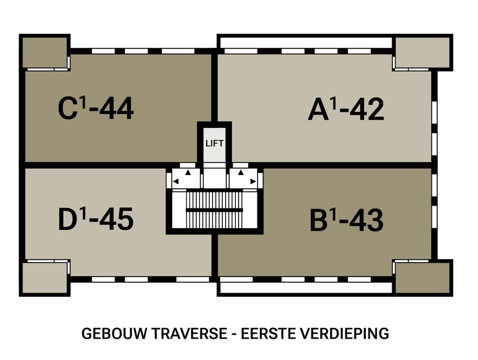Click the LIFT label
pos(214,143)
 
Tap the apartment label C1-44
pos(96,108)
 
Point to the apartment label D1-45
pos(96,219)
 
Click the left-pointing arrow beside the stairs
pos(176,182)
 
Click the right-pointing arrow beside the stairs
pos(253,182)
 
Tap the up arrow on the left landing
pos(188,172)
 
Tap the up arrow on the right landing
pos(241,172)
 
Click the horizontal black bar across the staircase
pos(214,210)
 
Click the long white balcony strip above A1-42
pos(305,43)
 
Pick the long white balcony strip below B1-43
pos(305,287)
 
